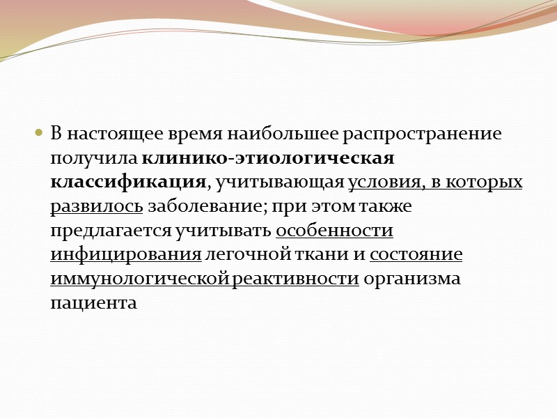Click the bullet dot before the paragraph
pos(39,132)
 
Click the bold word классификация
pos(128,183)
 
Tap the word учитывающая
pos(277,183)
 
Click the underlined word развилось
pos(97,206)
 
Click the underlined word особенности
pos(335,231)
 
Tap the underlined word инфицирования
pos(125,255)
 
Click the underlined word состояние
pos(416,255)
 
